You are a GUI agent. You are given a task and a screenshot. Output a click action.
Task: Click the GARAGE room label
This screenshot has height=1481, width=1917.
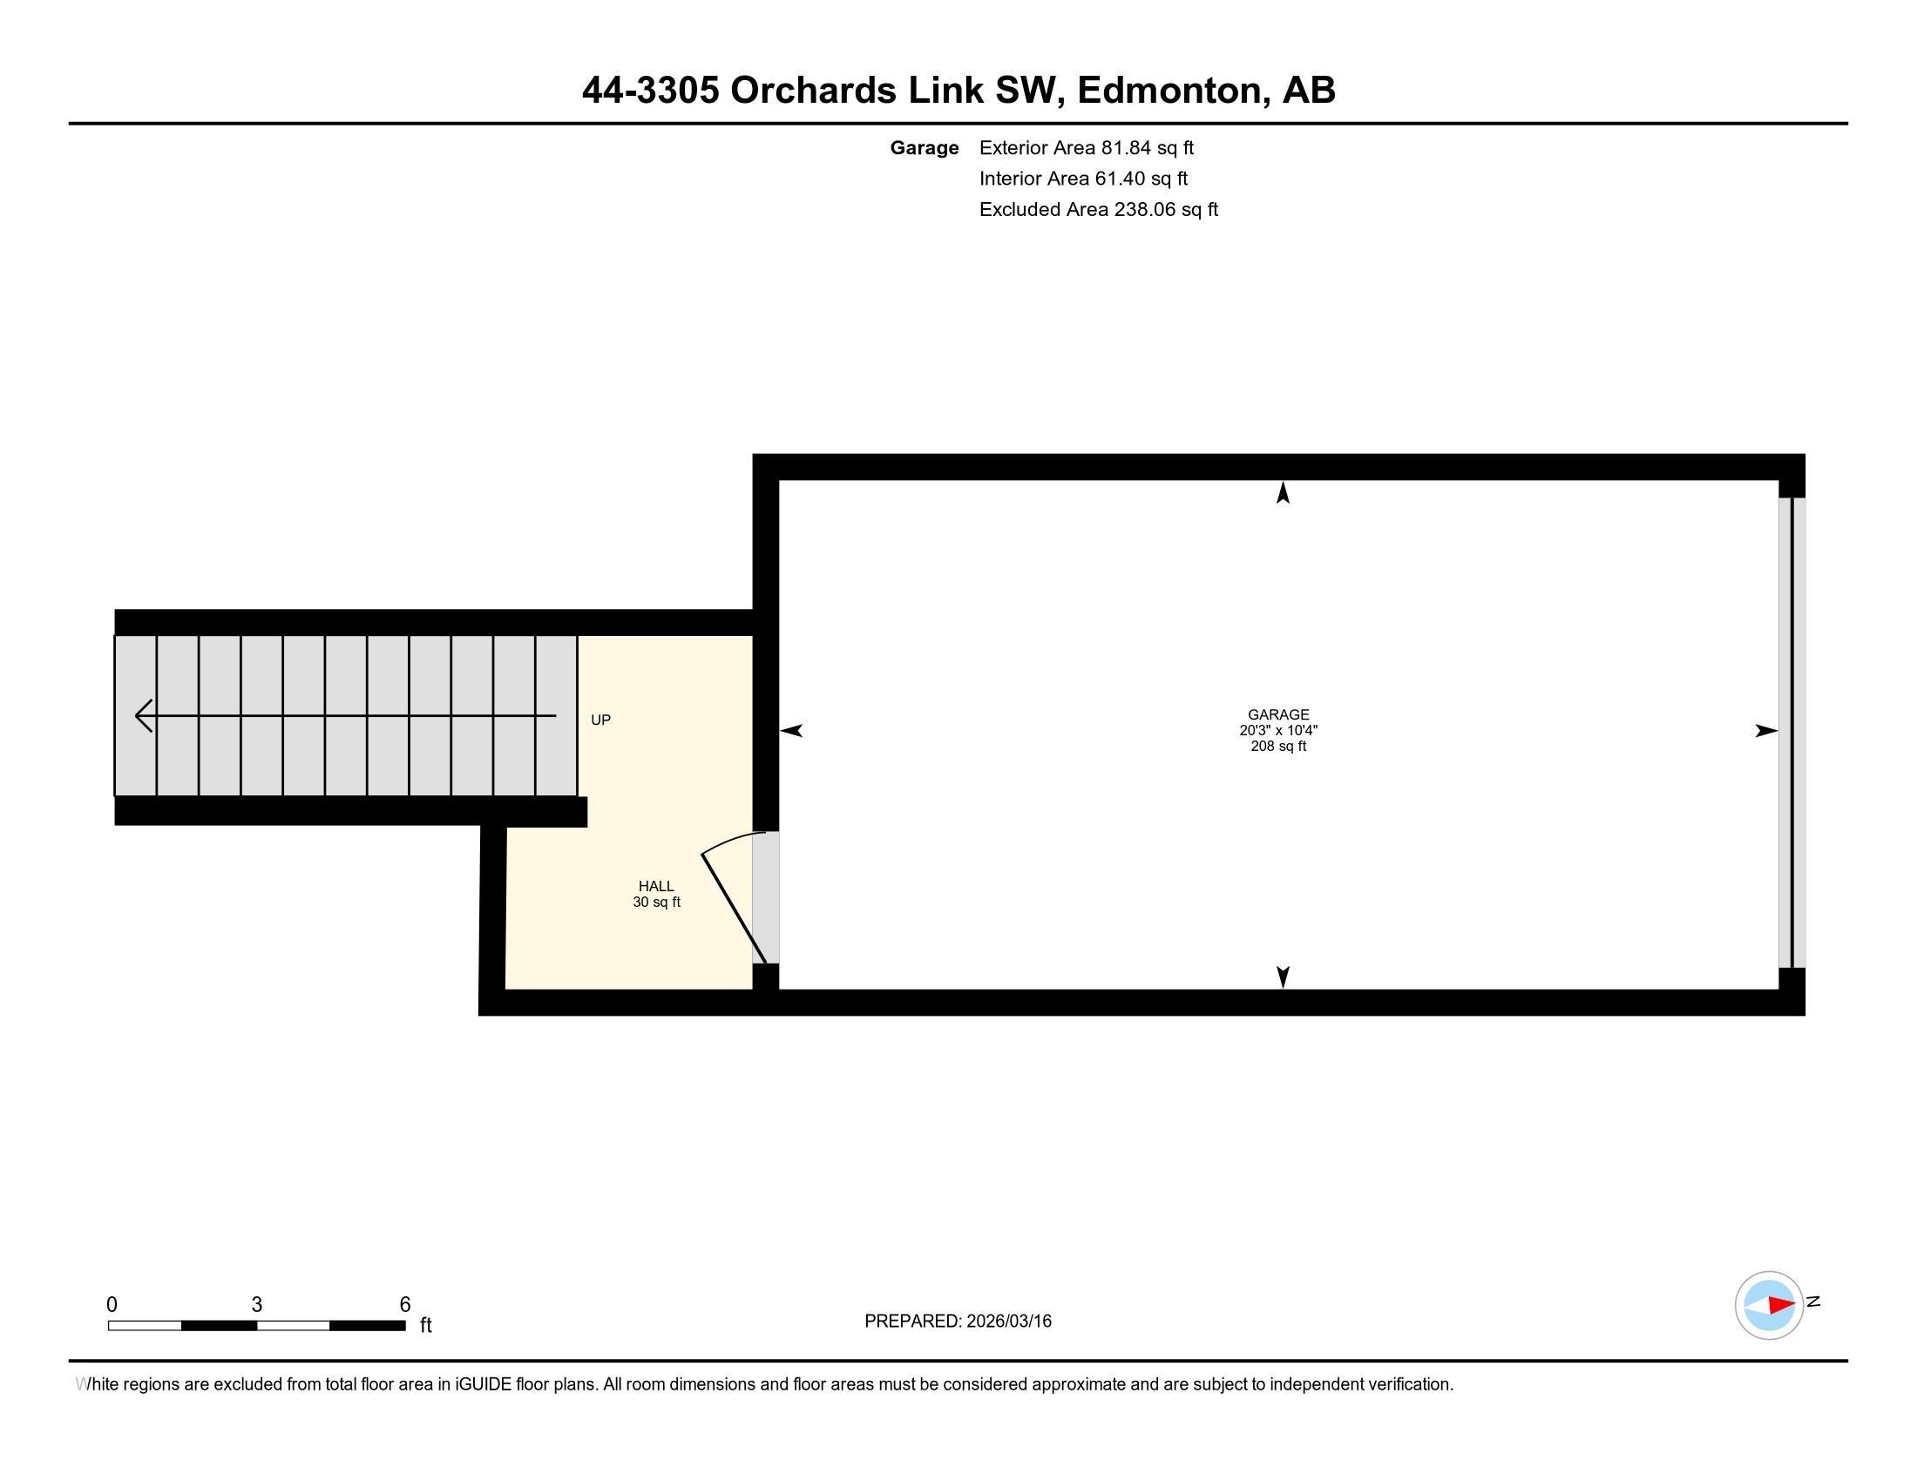click(1278, 714)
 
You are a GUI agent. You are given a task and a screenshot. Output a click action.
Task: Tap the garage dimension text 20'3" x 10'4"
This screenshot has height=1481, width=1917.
click(1278, 730)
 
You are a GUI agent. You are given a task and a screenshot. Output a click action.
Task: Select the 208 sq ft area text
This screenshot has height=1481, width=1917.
click(1278, 747)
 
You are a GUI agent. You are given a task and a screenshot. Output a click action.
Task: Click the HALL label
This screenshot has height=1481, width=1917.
click(655, 886)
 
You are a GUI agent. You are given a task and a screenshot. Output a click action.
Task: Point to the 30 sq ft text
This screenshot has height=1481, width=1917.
click(655, 902)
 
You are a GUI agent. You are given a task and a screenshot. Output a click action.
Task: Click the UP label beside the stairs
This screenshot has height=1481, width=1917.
click(600, 720)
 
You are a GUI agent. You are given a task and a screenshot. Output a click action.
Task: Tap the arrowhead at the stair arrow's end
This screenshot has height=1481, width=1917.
click(143, 716)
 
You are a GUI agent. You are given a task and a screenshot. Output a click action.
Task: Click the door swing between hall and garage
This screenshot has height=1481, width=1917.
click(733, 895)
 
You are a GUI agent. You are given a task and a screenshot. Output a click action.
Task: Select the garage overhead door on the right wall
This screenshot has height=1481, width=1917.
click(1792, 732)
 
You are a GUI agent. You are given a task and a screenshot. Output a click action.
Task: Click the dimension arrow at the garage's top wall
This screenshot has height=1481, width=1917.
click(1283, 493)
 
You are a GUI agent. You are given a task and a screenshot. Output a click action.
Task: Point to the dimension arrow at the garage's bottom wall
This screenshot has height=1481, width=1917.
click(1283, 977)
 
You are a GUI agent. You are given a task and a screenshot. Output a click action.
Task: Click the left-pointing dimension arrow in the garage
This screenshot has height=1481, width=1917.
click(792, 730)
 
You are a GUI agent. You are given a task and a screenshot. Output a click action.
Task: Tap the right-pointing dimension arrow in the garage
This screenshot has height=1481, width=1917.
click(1765, 730)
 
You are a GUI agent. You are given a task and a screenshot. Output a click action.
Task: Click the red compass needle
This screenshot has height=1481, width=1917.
click(1781, 1306)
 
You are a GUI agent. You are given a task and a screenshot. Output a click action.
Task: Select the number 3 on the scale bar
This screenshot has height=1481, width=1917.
click(256, 1305)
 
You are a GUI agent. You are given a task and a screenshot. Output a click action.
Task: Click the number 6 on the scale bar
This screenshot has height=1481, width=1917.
click(404, 1305)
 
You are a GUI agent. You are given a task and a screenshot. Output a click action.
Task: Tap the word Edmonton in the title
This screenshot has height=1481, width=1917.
click(1174, 91)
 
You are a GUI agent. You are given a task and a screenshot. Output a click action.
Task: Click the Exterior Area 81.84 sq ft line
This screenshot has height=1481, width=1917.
click(1086, 147)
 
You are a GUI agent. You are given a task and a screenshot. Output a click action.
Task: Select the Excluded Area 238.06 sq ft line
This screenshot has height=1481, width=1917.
click(1098, 209)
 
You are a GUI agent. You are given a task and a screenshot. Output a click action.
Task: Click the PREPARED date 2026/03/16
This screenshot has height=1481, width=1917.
click(958, 1321)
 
